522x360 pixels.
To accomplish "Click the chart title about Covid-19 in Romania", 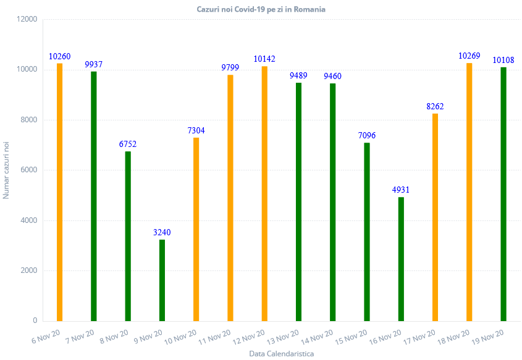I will pyautogui.click(x=261, y=9).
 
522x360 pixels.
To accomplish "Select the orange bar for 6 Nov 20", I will pyautogui.click(x=60, y=191).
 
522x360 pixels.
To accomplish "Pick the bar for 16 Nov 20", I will pyautogui.click(x=401, y=259).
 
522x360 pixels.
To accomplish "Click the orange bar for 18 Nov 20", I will pyautogui.click(x=469, y=191).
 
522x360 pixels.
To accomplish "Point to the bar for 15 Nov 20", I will pyautogui.click(x=367, y=232).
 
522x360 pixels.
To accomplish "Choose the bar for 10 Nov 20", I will pyautogui.click(x=196, y=228).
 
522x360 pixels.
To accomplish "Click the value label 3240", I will pyautogui.click(x=162, y=233).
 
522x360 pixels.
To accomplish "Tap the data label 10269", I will pyautogui.click(x=469, y=56).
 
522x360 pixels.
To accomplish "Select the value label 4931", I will pyautogui.click(x=401, y=190).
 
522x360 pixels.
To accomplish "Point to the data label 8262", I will pyautogui.click(x=435, y=106).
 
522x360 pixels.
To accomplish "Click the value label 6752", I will pyautogui.click(x=128, y=144).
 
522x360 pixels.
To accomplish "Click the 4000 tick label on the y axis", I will pyautogui.click(x=29, y=220).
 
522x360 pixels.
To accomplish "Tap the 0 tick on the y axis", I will pyautogui.click(x=35, y=320).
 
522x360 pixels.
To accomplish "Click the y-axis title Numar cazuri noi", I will pyautogui.click(x=6, y=170).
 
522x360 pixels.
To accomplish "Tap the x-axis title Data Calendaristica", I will pyautogui.click(x=281, y=354).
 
